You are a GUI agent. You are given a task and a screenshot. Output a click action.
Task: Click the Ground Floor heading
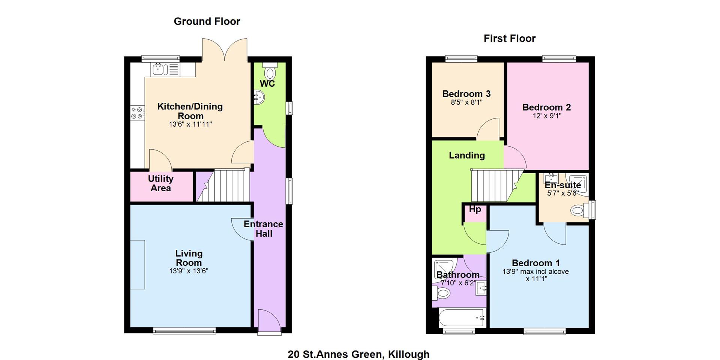point(207,22)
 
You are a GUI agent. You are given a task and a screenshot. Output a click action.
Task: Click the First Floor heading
point(510,39)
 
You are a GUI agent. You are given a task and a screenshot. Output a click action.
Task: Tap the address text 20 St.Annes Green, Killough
point(358,354)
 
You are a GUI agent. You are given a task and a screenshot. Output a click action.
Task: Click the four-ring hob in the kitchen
point(138,113)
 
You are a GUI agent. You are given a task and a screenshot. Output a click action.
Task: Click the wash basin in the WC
point(259,97)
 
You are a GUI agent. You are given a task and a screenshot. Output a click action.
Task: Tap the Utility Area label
point(160,183)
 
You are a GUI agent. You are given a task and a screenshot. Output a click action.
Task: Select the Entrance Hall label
point(263,229)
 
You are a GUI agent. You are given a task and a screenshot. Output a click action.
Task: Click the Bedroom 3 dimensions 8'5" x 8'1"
point(466,102)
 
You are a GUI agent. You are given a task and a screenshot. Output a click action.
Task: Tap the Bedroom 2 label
point(547,107)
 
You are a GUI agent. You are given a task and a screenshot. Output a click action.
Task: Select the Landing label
point(467,155)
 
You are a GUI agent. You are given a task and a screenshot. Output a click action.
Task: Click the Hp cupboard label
point(475,209)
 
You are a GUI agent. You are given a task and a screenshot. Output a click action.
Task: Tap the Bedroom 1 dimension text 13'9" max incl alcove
point(535,271)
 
